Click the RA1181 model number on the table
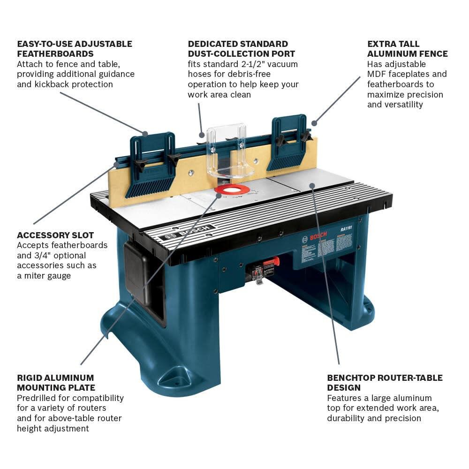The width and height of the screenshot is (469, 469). (348, 230)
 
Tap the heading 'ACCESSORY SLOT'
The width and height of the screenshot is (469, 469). (55, 235)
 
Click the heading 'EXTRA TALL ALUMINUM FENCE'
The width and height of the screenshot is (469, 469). (407, 49)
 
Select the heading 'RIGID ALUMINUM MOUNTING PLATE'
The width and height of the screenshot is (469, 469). (56, 382)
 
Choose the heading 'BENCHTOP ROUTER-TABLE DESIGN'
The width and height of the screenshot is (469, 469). (385, 382)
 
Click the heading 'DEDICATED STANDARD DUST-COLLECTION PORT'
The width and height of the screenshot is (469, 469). (242, 49)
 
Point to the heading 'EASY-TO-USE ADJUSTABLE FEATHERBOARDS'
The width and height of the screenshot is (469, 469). (75, 49)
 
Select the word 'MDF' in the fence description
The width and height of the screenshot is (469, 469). (377, 74)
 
